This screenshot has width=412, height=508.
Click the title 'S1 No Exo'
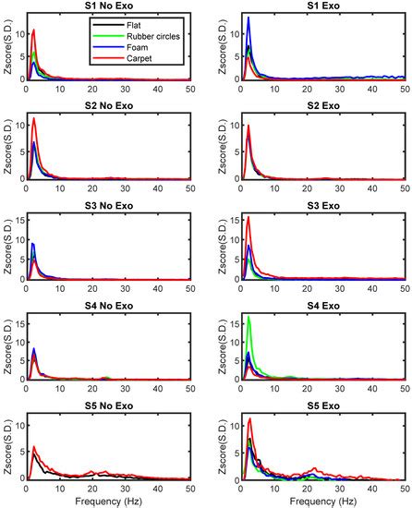(x=109, y=7)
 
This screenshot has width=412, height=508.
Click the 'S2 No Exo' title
(x=109, y=106)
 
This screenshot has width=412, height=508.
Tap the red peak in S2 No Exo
(x=34, y=119)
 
